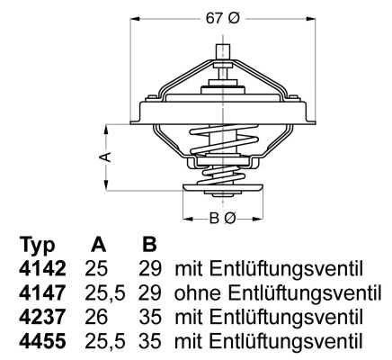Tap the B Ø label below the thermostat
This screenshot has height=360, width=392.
(x=222, y=219)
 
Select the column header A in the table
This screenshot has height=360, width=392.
(x=99, y=246)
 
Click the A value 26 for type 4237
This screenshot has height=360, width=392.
(x=96, y=318)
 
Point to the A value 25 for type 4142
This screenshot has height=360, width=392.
(x=96, y=269)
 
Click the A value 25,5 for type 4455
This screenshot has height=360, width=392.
(x=104, y=342)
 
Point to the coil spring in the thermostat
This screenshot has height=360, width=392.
(x=222, y=148)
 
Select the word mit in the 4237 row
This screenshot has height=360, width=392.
(x=191, y=318)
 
